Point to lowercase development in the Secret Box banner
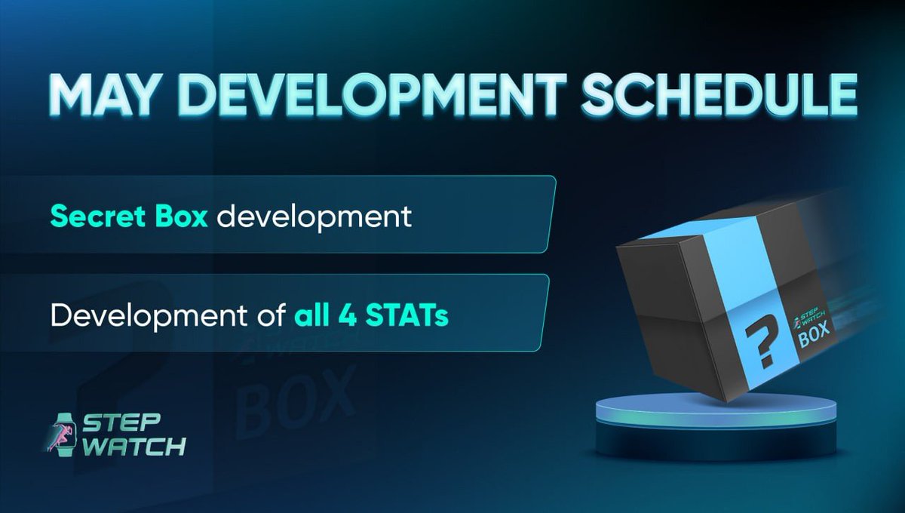[315, 217]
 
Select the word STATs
[407, 314]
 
